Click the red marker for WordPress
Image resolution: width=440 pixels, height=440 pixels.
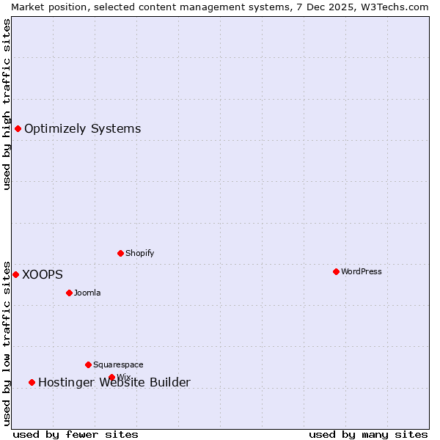(x=336, y=271)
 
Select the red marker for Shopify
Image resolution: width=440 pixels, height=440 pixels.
(x=120, y=253)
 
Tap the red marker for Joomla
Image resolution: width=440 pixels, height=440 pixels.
(x=69, y=293)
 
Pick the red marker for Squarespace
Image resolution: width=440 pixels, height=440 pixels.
(x=88, y=364)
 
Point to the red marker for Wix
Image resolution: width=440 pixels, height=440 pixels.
(x=111, y=378)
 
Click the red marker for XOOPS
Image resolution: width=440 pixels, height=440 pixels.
(x=15, y=274)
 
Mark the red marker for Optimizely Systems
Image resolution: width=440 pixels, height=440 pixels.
(x=18, y=129)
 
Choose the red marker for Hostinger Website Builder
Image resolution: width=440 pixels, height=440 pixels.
(x=32, y=382)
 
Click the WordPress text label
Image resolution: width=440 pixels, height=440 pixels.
(x=362, y=271)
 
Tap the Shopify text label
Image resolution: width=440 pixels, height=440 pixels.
(x=140, y=253)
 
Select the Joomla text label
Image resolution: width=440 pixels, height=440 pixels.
(x=87, y=293)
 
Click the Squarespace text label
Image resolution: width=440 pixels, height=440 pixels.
(x=118, y=364)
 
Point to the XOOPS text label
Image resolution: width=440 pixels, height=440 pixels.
(x=43, y=274)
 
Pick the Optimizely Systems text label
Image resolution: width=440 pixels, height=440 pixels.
(x=83, y=129)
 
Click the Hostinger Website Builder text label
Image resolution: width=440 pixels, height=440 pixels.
(x=114, y=382)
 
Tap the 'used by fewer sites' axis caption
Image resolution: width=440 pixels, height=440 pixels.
(x=76, y=434)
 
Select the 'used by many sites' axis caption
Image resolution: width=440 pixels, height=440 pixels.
(x=368, y=434)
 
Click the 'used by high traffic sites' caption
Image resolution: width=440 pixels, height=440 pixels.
(x=7, y=104)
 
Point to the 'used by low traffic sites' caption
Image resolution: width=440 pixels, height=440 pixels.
(x=7, y=342)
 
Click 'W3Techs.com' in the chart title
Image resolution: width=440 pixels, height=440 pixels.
(x=396, y=7)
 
